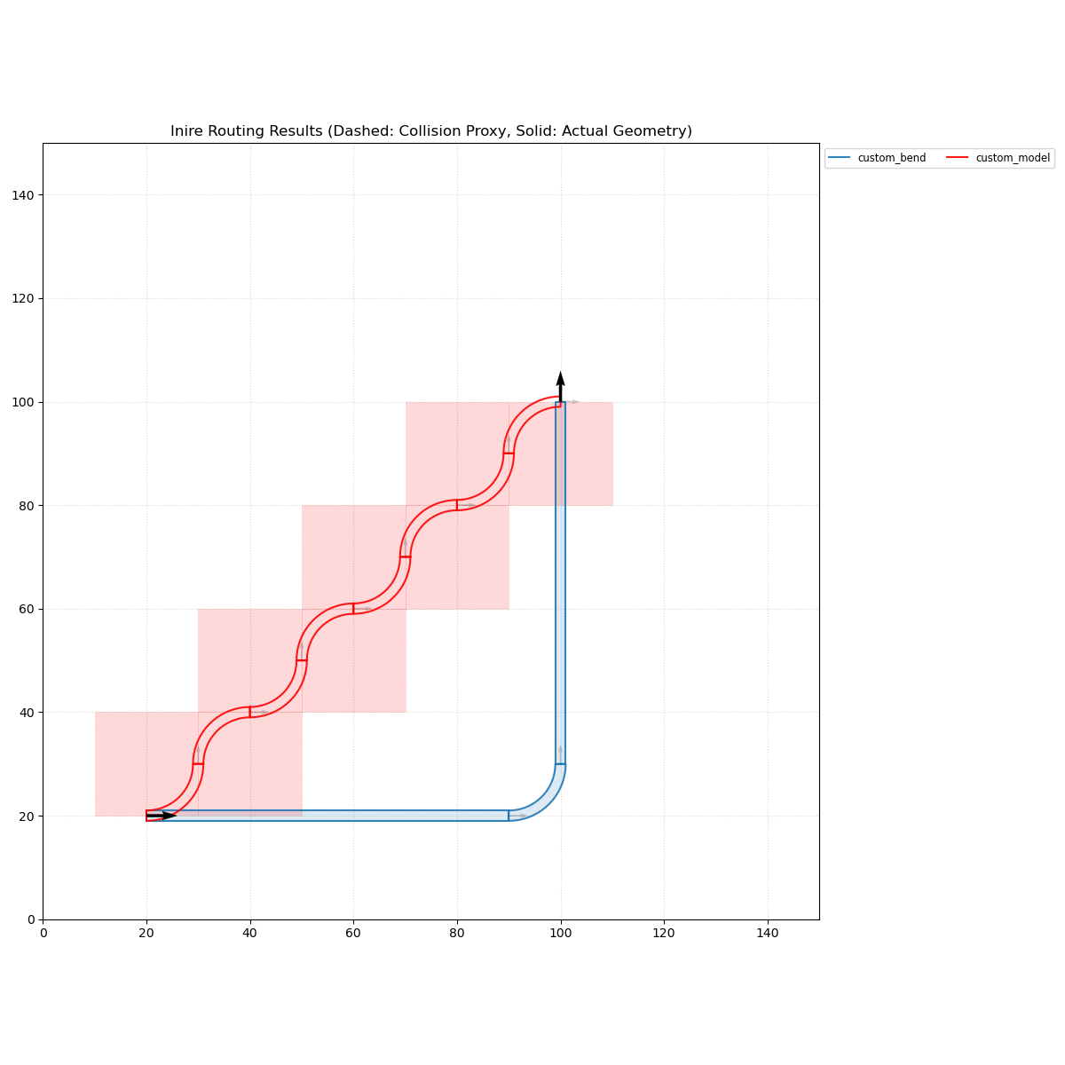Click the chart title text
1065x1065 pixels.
tap(431, 131)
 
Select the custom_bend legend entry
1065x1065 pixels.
tap(891, 158)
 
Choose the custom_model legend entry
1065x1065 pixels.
tap(1013, 158)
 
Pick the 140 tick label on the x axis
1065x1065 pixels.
tap(767, 933)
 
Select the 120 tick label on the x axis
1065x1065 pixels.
tap(664, 933)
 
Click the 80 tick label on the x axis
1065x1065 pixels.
tap(457, 933)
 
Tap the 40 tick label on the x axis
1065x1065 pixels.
tap(249, 933)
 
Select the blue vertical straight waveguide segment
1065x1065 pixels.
tap(560, 577)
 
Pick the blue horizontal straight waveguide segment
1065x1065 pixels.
tap(337, 816)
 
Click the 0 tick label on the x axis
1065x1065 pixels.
tap(43, 933)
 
